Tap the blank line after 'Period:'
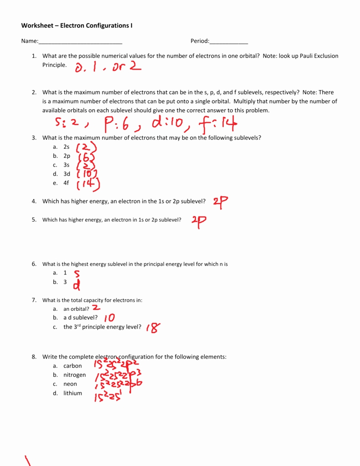[228, 41]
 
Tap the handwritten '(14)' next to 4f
[88, 184]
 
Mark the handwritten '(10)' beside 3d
[87, 174]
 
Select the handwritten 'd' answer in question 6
[77, 284]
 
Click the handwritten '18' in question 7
[153, 328]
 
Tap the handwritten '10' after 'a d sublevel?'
[109, 318]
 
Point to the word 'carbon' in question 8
[73, 366]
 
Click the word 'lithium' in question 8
[73, 393]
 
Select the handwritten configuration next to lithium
[108, 396]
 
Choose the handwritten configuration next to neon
[118, 385]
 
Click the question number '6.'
[34, 264]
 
